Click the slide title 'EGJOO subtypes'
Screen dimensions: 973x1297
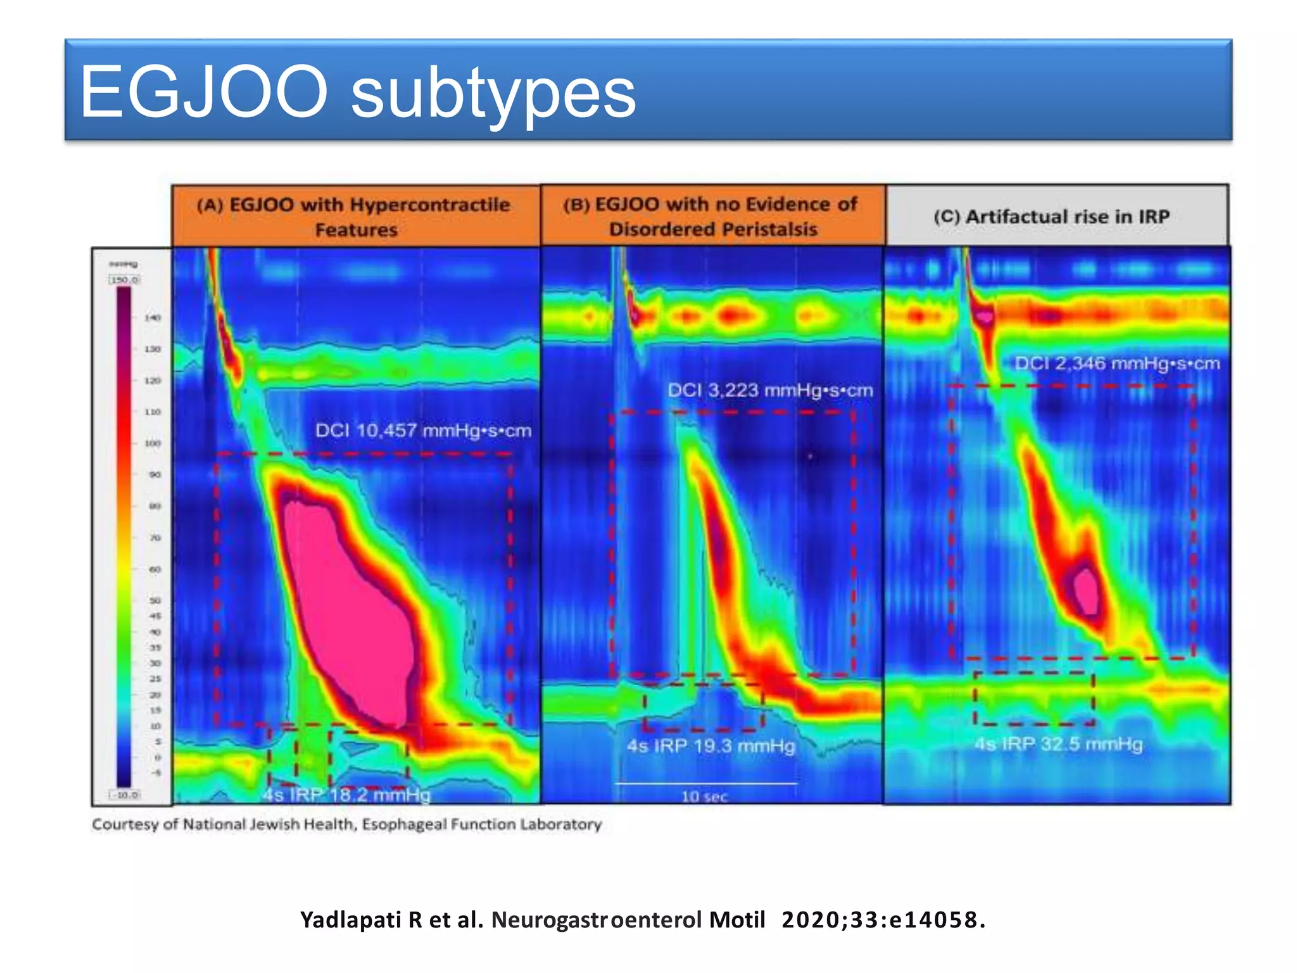tap(358, 92)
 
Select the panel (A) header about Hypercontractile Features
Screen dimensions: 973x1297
tap(355, 217)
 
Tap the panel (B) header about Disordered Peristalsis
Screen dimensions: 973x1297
tap(712, 216)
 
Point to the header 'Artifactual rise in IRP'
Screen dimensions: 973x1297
tap(1051, 217)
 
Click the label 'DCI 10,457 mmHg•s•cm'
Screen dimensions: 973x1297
tap(423, 431)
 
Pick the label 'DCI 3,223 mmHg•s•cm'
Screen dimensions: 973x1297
tap(770, 390)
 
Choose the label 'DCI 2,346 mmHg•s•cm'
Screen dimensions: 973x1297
tap(1117, 364)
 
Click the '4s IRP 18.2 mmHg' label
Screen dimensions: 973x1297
tap(347, 794)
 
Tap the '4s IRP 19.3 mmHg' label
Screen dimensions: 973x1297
tap(711, 746)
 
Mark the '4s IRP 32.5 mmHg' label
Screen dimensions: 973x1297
tap(1058, 744)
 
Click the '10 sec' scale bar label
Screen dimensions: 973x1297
tap(704, 796)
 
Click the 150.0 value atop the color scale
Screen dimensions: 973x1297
tap(125, 279)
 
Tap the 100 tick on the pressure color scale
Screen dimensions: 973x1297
tap(153, 443)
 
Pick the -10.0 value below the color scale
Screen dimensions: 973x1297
tap(125, 794)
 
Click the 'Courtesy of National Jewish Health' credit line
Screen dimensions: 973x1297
tap(346, 824)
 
